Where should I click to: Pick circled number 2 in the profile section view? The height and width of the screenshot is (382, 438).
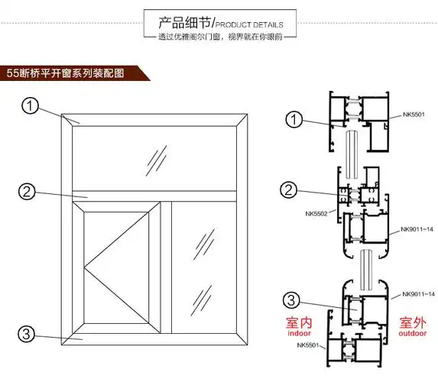(x=289, y=189)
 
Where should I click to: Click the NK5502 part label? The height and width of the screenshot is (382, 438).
(x=316, y=214)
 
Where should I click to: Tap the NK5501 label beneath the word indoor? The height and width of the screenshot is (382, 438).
(x=309, y=345)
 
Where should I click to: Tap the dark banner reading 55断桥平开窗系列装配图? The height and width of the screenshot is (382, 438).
(x=73, y=73)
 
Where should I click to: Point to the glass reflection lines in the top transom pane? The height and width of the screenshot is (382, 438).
(x=157, y=158)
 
